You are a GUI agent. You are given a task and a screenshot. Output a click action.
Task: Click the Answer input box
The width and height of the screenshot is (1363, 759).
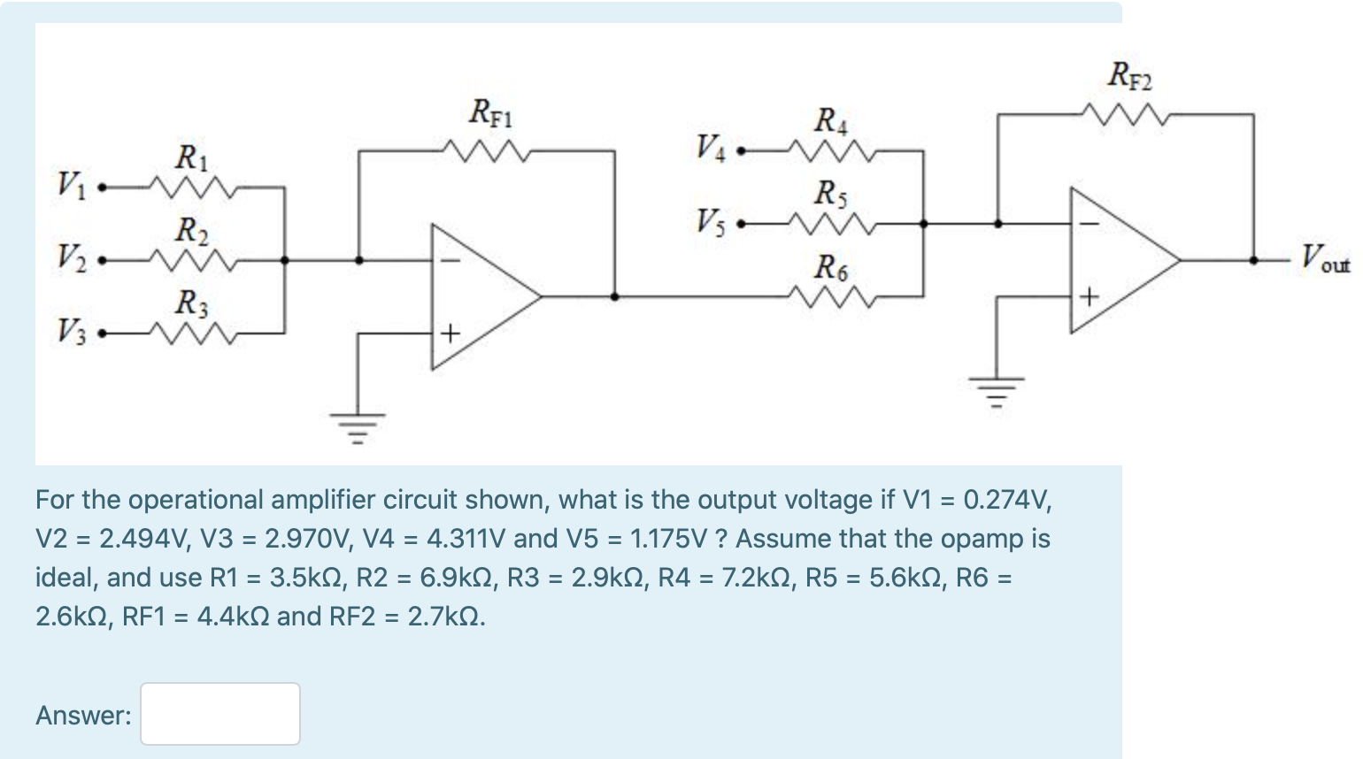[x=219, y=713]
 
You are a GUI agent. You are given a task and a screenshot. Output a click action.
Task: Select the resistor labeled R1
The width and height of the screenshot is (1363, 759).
[x=192, y=188]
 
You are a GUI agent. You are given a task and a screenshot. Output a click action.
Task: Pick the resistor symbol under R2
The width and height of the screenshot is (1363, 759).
[x=192, y=260]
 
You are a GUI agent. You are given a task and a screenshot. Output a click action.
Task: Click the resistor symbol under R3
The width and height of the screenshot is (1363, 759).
[x=192, y=333]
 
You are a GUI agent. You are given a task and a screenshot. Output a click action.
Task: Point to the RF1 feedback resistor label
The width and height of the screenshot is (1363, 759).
[x=490, y=113]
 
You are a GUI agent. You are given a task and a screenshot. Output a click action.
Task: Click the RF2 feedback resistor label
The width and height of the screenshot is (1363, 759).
[x=1130, y=76]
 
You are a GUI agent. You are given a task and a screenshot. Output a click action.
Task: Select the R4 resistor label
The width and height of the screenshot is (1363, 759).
[x=830, y=119]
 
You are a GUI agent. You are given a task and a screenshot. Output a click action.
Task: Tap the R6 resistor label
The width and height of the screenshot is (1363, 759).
[x=830, y=266]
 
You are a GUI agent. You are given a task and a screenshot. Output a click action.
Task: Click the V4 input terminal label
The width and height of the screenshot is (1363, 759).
[x=710, y=147]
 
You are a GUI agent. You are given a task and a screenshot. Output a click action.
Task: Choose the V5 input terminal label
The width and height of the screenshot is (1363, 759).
[x=710, y=221]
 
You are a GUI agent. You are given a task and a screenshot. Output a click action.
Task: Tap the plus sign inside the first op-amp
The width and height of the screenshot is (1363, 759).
[x=450, y=333]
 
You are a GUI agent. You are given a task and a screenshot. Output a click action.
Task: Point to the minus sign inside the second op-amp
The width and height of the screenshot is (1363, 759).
[x=1089, y=224]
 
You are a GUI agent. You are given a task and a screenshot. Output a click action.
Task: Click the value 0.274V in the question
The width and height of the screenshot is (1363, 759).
[x=1006, y=500]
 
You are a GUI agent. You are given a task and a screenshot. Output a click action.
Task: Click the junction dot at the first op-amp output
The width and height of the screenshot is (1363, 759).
[x=614, y=296]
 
